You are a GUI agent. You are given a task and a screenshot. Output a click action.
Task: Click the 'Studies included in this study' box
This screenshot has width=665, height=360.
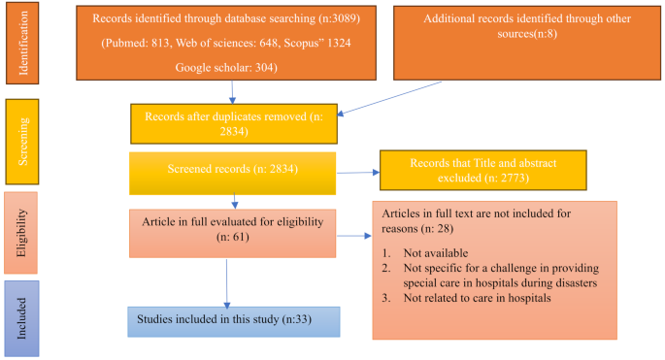pos(233,321)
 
